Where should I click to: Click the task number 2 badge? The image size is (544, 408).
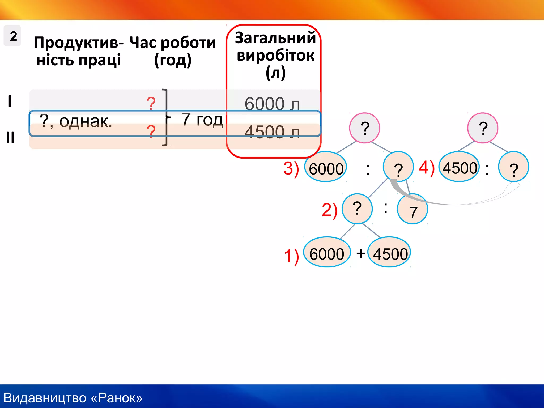[12, 36]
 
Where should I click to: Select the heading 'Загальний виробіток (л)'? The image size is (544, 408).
[275, 55]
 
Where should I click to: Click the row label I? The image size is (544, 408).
[10, 101]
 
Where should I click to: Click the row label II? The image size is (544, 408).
[10, 138]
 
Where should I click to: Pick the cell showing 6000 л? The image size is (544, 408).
[272, 104]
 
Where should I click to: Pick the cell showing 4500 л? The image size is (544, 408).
[272, 132]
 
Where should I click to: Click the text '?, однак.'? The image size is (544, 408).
[76, 121]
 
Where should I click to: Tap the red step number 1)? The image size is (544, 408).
[291, 256]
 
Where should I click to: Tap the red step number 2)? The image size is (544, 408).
[329, 210]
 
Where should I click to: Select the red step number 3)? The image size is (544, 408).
[291, 168]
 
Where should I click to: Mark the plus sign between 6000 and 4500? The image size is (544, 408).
[361, 253]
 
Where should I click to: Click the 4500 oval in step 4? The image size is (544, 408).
[459, 167]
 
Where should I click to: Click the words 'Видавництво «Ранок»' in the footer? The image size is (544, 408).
[73, 398]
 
